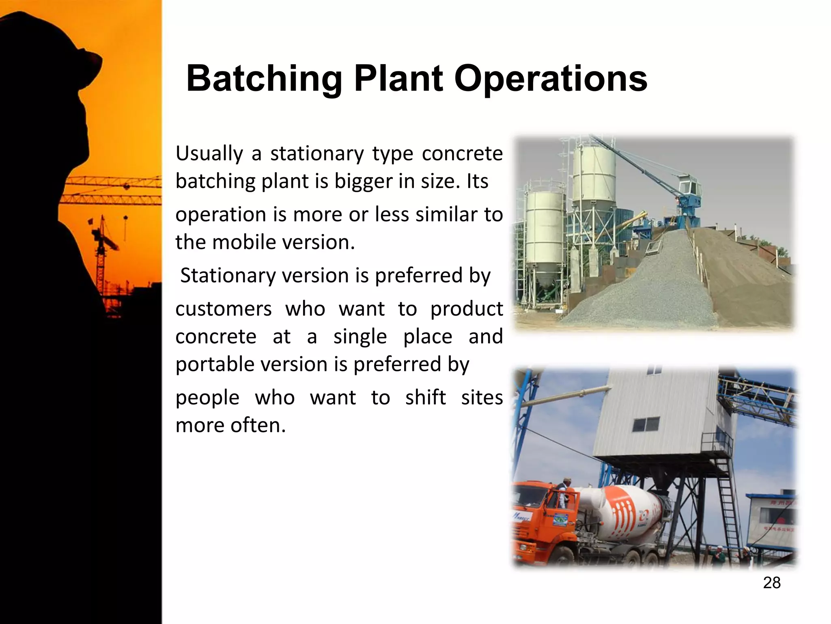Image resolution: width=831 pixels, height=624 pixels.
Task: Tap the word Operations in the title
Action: pyautogui.click(x=550, y=79)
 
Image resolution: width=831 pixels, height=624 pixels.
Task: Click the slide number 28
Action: pyautogui.click(x=771, y=583)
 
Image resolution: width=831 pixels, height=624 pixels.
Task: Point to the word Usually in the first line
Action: pyautogui.click(x=209, y=154)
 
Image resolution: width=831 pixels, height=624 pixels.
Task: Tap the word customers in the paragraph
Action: pyautogui.click(x=223, y=309)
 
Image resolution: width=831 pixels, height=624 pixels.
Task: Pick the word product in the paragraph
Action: pyautogui.click(x=466, y=309)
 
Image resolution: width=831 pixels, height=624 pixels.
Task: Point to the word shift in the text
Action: pyautogui.click(x=425, y=397)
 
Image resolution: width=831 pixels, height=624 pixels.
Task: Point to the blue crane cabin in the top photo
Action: pyautogui.click(x=690, y=190)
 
